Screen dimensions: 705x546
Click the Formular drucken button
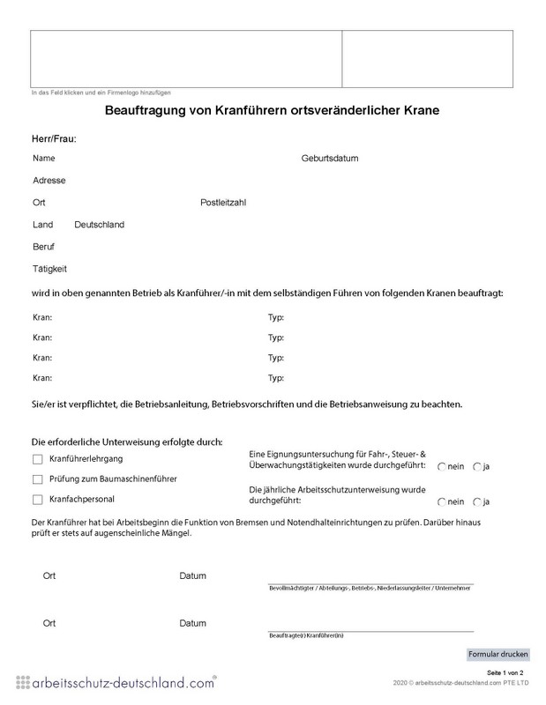[498, 654]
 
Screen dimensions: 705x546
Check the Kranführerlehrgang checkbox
[37, 459]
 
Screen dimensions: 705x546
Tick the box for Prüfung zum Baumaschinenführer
[37, 479]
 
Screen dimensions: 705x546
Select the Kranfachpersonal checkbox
[37, 500]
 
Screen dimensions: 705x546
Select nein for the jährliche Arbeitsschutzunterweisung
[441, 501]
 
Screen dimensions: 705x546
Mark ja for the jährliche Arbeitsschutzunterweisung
[477, 501]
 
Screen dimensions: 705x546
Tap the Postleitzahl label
[223, 202]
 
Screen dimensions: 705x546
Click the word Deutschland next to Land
[100, 224]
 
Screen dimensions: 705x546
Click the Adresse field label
[49, 180]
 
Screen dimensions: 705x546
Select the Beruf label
[44, 246]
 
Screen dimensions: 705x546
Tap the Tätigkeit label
[49, 268]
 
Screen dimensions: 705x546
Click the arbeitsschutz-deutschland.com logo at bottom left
[115, 682]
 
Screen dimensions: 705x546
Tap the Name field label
[44, 159]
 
